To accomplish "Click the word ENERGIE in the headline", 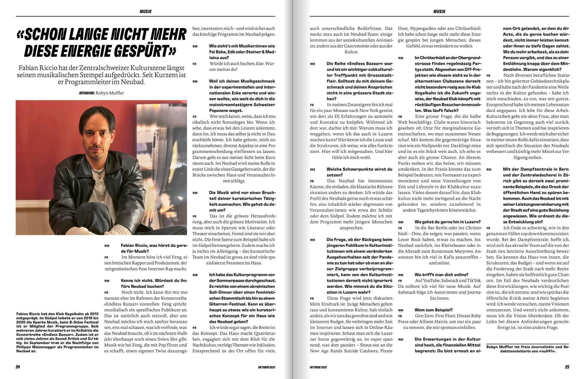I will click(94, 51).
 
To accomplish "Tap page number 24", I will click(18, 367).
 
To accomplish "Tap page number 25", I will click(567, 367).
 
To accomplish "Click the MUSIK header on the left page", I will click(146, 12).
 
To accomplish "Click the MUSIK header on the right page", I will click(439, 12).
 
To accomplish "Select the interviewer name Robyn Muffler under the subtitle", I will click(110, 93).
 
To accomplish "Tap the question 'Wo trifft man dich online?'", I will click(441, 275).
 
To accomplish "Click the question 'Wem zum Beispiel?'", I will click(434, 310).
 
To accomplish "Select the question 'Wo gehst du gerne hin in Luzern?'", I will click(447, 222).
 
